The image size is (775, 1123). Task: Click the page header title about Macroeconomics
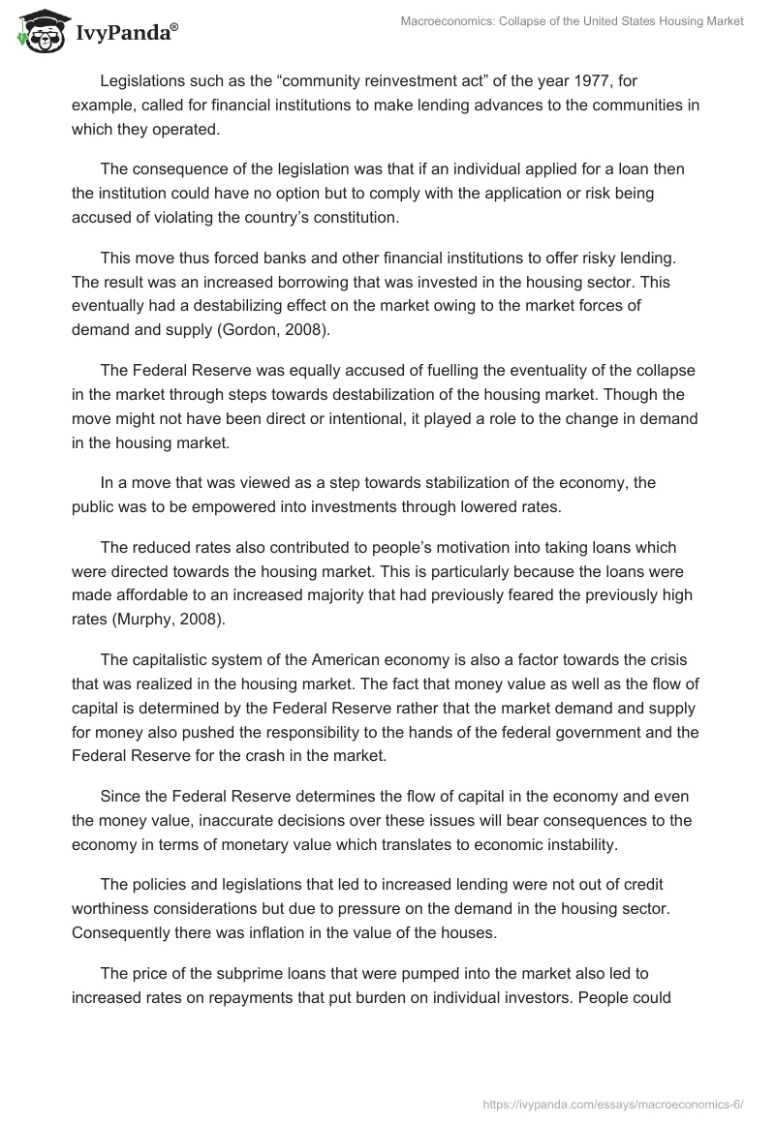(x=572, y=21)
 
